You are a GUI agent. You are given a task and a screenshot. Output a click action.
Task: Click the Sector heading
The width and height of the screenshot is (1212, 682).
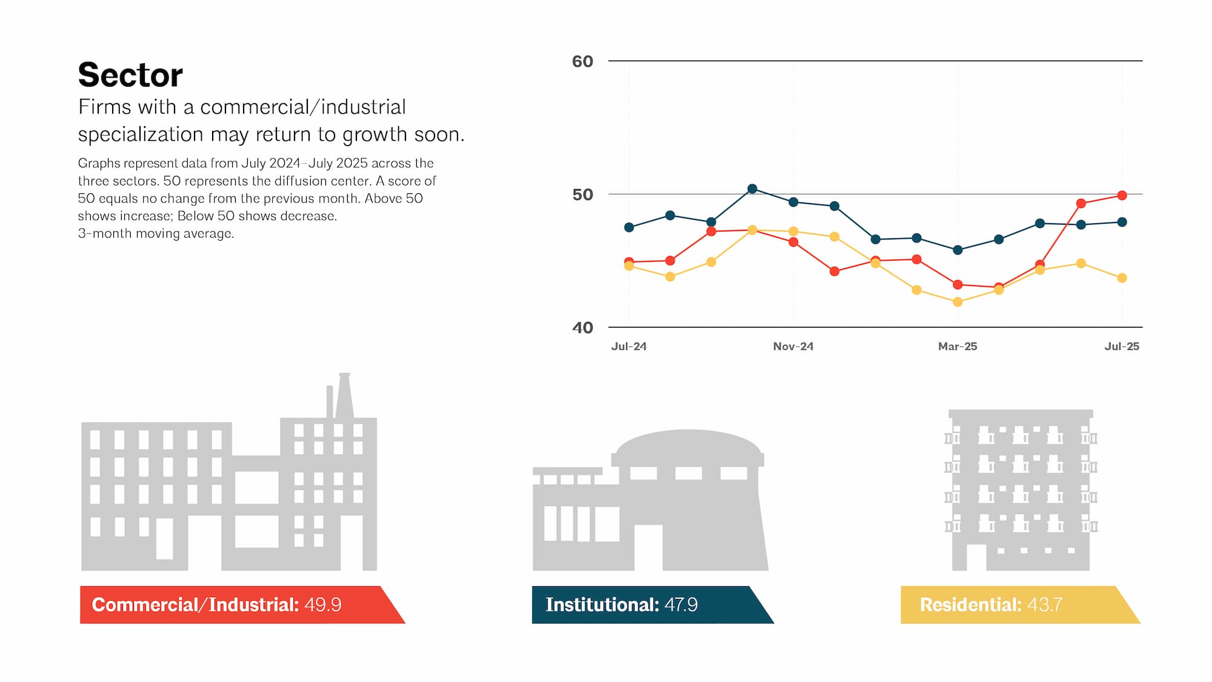130,75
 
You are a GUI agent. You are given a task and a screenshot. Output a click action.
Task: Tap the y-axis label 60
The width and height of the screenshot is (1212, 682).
582,61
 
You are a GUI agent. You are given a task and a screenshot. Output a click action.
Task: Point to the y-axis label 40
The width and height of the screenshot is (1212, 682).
582,328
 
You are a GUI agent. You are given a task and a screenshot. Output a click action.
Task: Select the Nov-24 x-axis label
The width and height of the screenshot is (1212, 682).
793,347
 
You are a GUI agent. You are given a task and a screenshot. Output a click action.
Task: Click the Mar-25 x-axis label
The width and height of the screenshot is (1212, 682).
957,347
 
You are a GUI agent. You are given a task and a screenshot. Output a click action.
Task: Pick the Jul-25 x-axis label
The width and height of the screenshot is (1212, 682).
1122,347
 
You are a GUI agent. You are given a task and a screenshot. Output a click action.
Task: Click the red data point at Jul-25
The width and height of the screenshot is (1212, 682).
1122,195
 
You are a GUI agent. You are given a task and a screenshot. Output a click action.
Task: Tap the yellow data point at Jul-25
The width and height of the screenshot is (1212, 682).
1122,278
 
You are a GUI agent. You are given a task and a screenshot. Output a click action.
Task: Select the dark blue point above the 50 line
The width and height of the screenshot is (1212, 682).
752,189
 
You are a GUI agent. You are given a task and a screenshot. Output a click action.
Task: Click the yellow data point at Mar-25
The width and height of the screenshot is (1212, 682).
957,302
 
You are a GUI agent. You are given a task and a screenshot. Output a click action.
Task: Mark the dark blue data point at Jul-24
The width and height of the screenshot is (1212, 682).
629,227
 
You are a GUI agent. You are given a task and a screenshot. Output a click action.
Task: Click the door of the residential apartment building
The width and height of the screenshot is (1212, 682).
976,557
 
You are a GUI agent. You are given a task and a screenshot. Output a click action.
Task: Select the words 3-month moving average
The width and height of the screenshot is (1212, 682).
156,234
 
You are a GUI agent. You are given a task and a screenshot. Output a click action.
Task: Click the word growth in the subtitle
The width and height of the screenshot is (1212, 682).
375,134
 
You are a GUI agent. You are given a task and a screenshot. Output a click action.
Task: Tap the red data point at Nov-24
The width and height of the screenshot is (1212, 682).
793,242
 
